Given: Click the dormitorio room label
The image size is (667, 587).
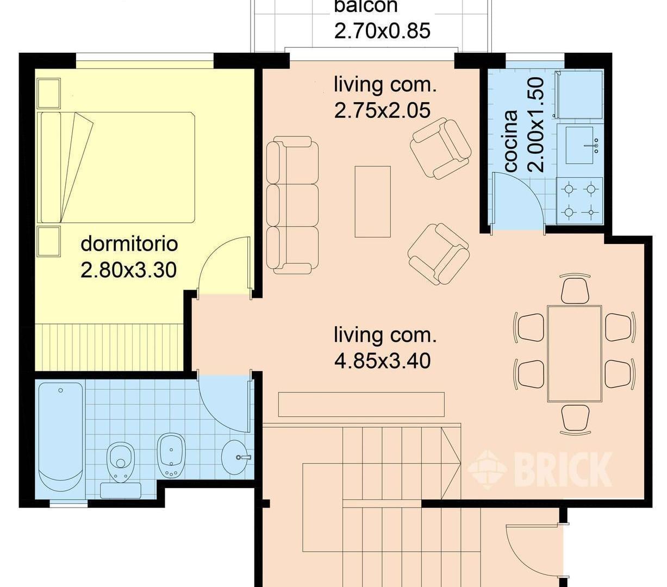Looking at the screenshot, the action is click(129, 244).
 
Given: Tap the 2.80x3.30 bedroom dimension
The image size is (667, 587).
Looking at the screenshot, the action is click(129, 270).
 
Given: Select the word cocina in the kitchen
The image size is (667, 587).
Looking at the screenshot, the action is click(510, 141).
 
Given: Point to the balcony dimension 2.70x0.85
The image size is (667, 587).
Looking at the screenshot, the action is click(382, 30).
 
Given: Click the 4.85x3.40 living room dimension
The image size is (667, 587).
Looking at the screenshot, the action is click(382, 361).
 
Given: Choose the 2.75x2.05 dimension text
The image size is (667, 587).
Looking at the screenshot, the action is click(382, 110).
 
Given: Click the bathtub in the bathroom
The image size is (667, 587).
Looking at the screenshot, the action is click(60, 436).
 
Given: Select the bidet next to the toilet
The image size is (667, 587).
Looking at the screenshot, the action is click(171, 455).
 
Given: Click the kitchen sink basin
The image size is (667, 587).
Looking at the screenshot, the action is click(579, 145).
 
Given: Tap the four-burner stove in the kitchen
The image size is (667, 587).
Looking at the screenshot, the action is click(580, 201).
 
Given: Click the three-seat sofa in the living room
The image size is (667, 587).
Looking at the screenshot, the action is click(292, 205).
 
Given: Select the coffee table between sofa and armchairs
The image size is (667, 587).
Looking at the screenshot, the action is click(373, 202).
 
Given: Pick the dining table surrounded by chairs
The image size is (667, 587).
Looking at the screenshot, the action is click(575, 354).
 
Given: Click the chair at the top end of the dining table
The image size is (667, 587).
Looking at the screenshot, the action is click(575, 289).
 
